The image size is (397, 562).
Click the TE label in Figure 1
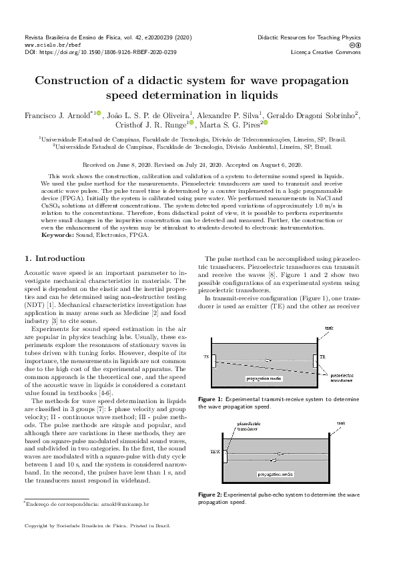tap(206, 357)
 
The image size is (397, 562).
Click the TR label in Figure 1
tap(323, 358)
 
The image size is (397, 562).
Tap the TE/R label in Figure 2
tap(215, 452)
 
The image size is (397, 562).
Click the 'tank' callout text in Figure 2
tap(340, 423)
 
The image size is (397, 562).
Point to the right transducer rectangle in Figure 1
tap(314, 360)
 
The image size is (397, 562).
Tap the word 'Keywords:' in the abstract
tap(57, 235)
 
